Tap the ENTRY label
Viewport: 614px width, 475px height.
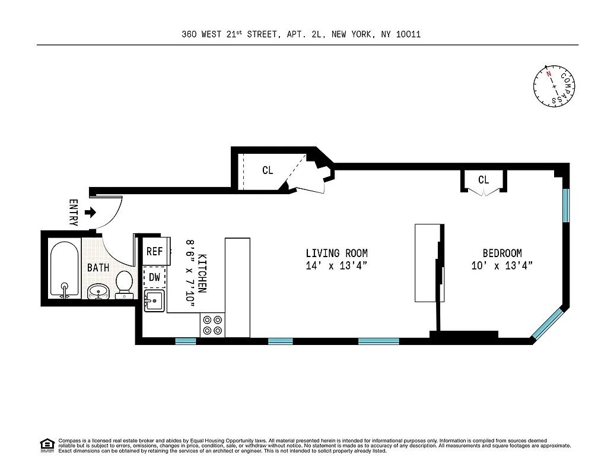(74, 212)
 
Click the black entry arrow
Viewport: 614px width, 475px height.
(90, 212)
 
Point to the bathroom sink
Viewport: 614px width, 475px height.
(98, 292)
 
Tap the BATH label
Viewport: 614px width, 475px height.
(98, 268)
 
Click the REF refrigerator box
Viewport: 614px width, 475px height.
(154, 251)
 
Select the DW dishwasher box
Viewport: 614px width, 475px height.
(154, 277)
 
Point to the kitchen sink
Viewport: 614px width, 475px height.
(155, 300)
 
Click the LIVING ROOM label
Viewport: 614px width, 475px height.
(337, 253)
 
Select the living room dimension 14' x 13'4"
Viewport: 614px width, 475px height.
(337, 266)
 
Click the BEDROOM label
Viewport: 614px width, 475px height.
(502, 253)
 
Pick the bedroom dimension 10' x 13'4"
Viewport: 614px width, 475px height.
(502, 266)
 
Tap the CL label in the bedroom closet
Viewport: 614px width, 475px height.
(483, 180)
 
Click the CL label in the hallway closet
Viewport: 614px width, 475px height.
(268, 170)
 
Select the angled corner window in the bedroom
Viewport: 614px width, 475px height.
(548, 324)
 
